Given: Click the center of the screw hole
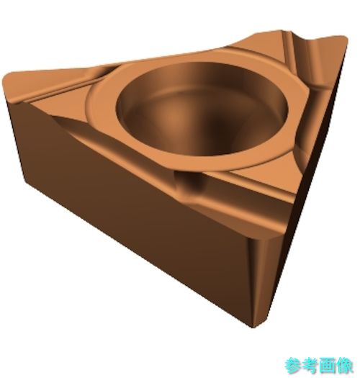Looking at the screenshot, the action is [x=202, y=109].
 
